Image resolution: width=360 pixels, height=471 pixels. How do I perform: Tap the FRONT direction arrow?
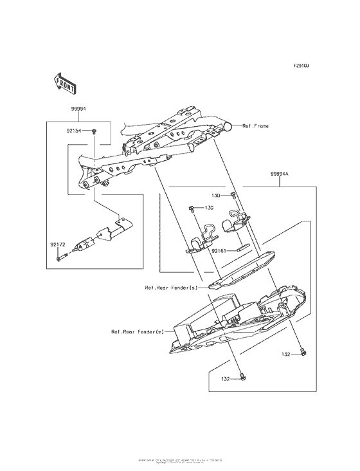point(66,82)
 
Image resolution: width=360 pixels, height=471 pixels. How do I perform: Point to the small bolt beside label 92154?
point(93,131)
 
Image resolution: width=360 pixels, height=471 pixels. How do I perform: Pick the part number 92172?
point(57,245)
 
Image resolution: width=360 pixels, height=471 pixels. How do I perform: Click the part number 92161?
point(221,251)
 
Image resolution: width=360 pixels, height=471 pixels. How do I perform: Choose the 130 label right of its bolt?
point(209,208)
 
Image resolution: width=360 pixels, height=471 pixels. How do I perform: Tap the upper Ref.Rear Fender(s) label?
point(171,288)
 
